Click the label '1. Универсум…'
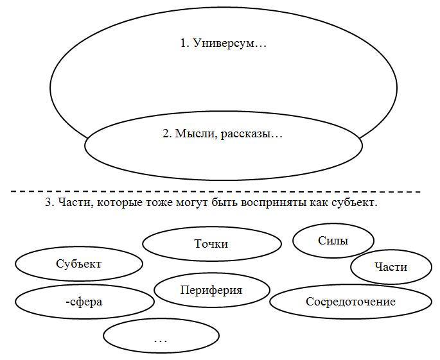click(x=223, y=44)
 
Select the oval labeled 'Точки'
click(x=211, y=244)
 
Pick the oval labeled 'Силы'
click(x=333, y=241)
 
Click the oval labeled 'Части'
click(x=391, y=266)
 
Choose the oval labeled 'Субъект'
click(x=78, y=264)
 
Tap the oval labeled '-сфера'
click(x=84, y=302)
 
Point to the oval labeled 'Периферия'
click(x=211, y=290)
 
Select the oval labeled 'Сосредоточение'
click(x=350, y=302)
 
